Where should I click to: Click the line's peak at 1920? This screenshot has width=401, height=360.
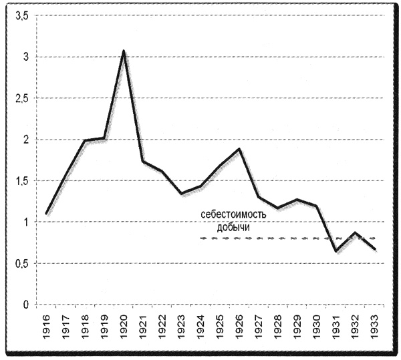124,51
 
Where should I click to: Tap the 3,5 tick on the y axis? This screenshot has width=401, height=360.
22,16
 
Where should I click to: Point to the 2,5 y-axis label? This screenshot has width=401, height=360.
22,98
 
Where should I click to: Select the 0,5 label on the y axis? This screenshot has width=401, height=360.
22,263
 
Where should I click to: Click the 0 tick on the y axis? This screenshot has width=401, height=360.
26,305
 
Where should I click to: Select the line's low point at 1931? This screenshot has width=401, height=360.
336,251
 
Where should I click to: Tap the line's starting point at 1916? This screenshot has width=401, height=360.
47,214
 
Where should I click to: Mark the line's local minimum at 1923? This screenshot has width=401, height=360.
182,194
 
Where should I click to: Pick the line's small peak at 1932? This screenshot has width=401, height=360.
356,233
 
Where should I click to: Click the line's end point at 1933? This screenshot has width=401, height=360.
375,249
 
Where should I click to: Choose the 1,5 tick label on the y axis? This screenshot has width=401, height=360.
22,181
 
